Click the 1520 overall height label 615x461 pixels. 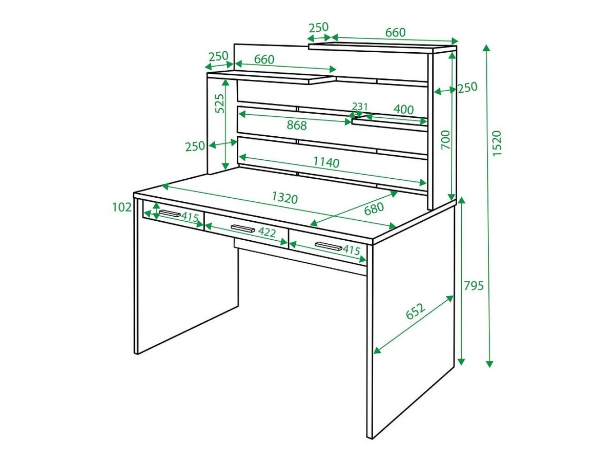point(496,143)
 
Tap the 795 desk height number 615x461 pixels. point(474,286)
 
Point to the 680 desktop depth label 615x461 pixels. point(374,208)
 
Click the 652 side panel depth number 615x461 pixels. point(416,311)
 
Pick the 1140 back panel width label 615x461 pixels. point(326,162)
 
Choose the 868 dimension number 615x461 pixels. point(297,125)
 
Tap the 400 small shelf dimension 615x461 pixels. point(403,110)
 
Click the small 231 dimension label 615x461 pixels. point(360,107)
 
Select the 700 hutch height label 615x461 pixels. point(445,140)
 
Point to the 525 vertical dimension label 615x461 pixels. point(220,103)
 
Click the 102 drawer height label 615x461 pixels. point(122,207)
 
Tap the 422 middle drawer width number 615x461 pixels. point(266,232)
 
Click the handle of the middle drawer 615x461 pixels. point(242,228)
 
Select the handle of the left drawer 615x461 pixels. point(170,214)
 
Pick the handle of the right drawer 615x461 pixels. point(328,246)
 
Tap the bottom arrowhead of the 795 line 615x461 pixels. point(461,362)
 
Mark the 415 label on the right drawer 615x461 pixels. point(352,250)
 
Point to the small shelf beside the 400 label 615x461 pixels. point(389,124)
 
